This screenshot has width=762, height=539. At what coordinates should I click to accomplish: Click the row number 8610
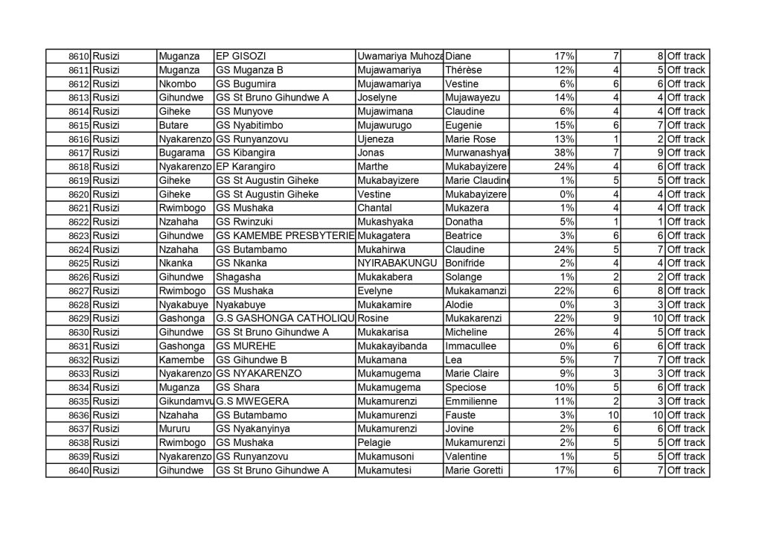click(x=79, y=57)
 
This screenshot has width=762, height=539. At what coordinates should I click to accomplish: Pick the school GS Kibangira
click(x=246, y=153)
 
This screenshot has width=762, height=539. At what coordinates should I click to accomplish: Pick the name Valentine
click(x=468, y=456)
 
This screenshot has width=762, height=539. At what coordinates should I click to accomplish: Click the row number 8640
click(x=79, y=471)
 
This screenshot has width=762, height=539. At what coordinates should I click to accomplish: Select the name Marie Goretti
click(x=474, y=471)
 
